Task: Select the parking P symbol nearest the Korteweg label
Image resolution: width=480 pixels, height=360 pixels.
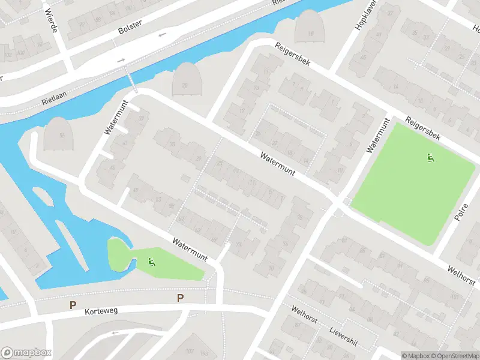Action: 73,305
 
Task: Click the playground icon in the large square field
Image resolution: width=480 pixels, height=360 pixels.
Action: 430,158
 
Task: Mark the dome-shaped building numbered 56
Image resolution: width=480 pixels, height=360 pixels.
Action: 60,134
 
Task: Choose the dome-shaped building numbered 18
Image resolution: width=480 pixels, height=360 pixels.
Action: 310,28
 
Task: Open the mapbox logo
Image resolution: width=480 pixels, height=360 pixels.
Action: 27,353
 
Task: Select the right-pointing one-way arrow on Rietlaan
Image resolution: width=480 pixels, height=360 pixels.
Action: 121,60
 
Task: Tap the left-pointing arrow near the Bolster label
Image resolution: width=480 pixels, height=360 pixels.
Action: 162,35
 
